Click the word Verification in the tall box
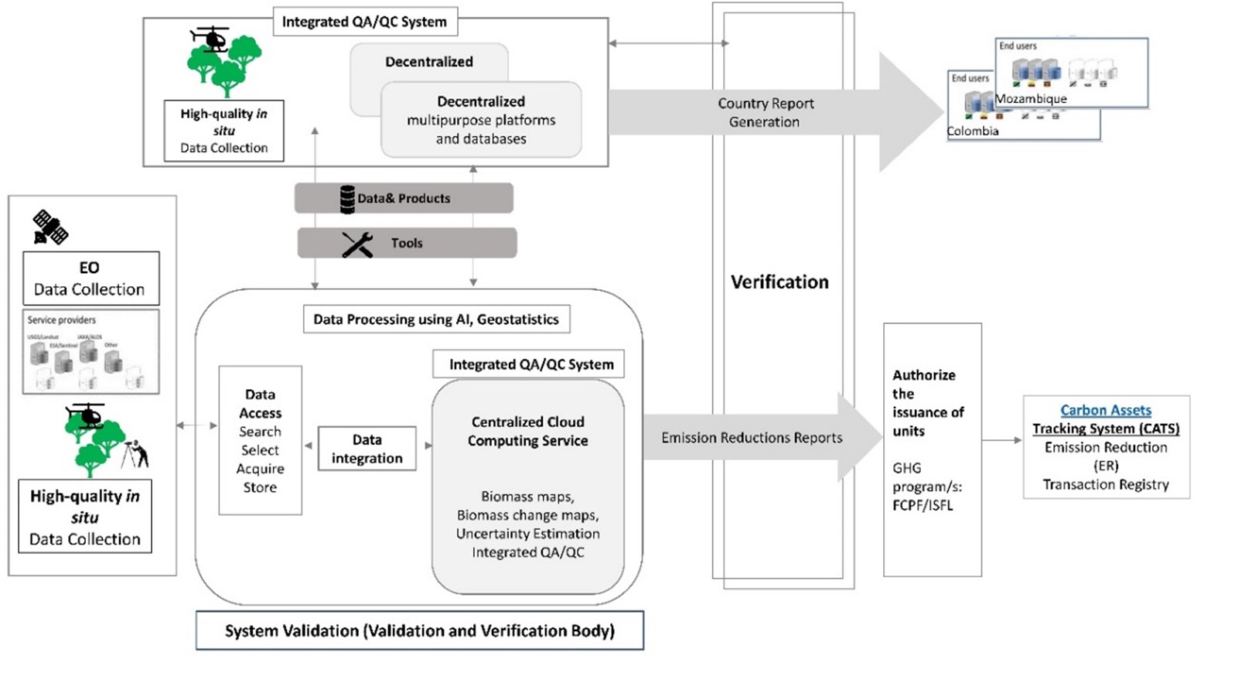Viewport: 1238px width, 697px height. pos(779,282)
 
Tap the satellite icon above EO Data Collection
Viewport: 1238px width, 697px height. pos(50,227)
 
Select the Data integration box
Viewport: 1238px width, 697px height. pos(367,449)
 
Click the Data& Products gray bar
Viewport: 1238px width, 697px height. pos(404,198)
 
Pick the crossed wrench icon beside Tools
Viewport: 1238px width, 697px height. pos(357,244)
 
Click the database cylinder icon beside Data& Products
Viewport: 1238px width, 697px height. pos(347,199)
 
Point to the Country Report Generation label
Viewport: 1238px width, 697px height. pos(765,113)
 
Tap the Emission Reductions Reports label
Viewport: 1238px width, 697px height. pos(752,438)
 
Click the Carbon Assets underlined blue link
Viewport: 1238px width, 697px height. pos(1105,410)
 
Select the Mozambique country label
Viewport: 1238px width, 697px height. pos(1031,99)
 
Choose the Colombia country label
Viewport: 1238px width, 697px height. pos(973,131)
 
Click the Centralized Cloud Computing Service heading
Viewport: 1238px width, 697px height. pos(527,431)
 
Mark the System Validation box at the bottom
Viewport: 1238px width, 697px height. pos(419,630)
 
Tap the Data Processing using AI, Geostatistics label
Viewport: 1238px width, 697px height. pos(436,319)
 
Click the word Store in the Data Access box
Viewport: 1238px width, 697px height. pos(260,487)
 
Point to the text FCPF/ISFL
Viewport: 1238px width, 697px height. pos(923,505)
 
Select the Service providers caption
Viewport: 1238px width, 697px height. pos(62,319)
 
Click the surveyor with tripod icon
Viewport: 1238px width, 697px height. pos(135,453)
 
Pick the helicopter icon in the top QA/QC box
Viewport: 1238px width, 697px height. pos(209,39)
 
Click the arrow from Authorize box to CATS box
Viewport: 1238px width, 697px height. pos(1002,440)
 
